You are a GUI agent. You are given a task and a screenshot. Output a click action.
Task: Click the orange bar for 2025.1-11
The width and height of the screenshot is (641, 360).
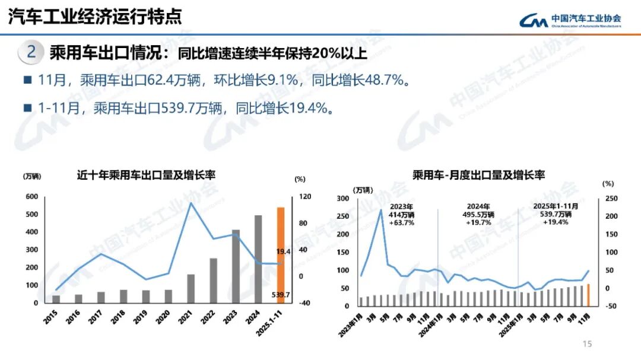(281, 255)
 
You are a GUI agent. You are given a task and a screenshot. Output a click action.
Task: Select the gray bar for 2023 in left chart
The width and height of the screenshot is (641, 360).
(236, 266)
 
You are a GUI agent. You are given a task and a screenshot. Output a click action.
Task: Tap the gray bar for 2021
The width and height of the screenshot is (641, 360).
(191, 288)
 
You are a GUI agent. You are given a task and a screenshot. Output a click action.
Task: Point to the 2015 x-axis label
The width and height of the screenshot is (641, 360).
(52, 316)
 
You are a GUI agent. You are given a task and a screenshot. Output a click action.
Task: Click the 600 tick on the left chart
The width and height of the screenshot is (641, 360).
(31, 197)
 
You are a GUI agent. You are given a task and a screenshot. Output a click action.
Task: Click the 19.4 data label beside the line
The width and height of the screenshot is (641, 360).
(283, 251)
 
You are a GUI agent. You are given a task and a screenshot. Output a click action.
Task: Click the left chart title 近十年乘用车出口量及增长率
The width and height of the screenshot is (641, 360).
(146, 176)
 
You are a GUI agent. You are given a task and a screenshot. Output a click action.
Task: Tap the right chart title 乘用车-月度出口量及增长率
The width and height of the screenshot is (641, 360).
(479, 175)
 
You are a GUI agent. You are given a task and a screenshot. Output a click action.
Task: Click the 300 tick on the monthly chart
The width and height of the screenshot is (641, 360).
(344, 199)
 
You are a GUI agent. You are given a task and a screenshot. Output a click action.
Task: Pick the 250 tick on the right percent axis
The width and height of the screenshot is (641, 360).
(611, 199)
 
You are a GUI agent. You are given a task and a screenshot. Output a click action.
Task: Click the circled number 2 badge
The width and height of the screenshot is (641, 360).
(31, 53)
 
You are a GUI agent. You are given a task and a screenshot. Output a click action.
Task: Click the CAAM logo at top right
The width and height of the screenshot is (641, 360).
(570, 21)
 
